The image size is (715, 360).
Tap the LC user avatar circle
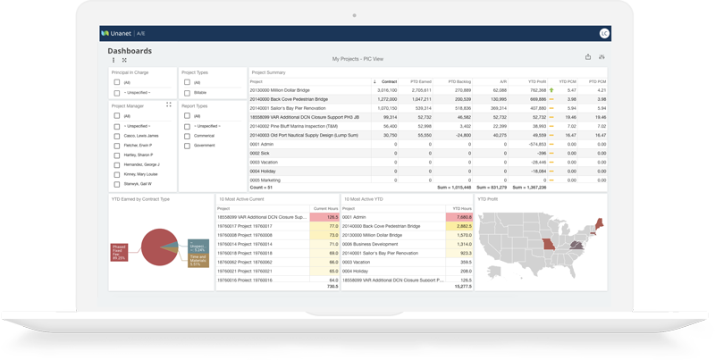[604, 34]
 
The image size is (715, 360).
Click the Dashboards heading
[130, 51]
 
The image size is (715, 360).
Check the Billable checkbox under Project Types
[187, 92]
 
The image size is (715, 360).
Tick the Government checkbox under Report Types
[187, 146]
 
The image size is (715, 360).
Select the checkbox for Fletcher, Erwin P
[117, 146]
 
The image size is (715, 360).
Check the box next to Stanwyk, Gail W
[117, 184]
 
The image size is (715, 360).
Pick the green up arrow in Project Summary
[551, 90]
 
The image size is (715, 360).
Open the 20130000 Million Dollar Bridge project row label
[280, 90]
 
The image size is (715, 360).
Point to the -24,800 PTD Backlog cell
[461, 135]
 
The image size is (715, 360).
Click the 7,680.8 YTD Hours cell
[459, 217]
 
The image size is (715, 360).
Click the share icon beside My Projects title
[588, 57]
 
